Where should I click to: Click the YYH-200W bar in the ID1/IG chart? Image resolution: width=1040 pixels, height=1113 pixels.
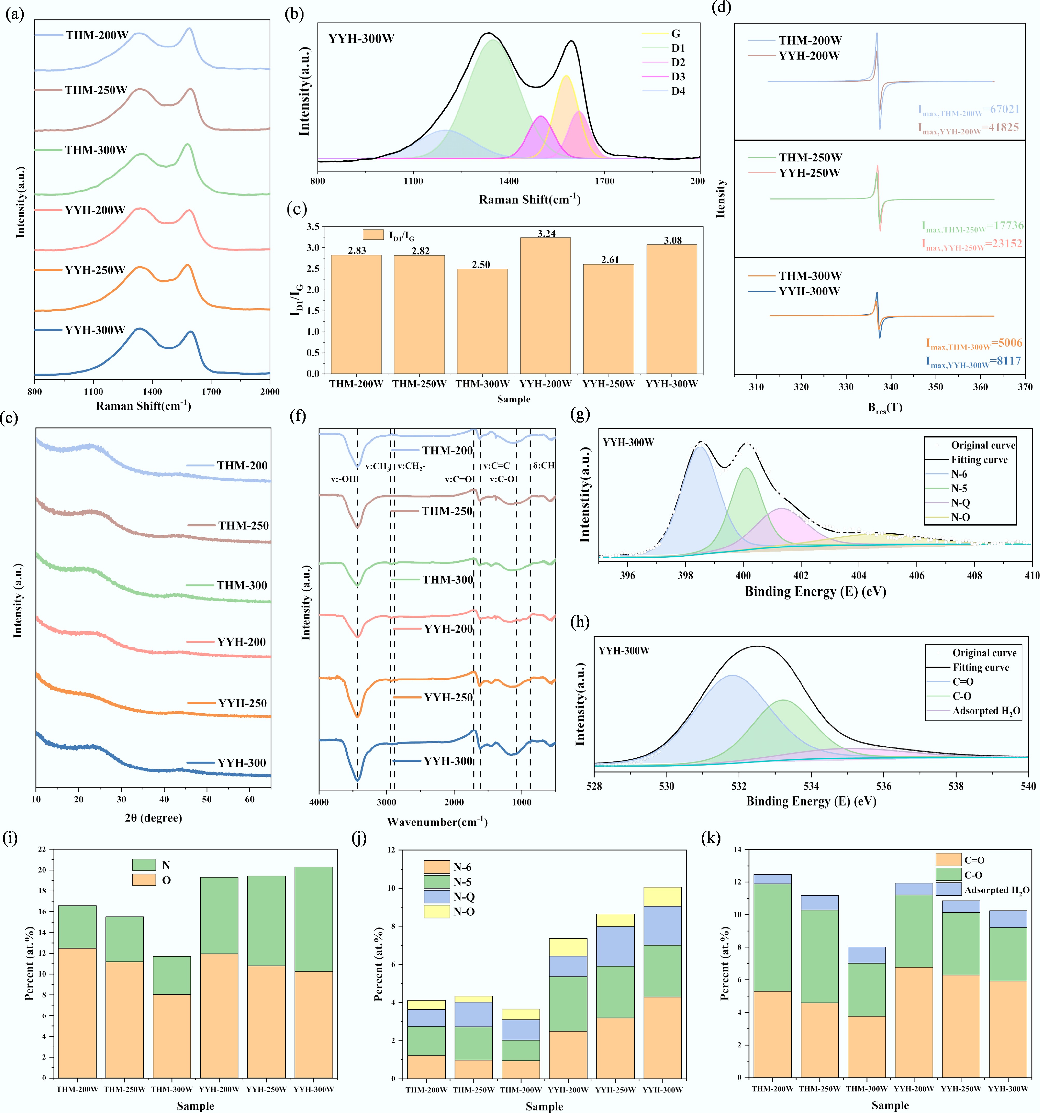pos(545,305)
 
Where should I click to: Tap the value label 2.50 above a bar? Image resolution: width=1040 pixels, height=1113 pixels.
pos(481,264)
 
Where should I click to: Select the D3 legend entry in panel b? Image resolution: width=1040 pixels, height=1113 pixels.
pos(678,77)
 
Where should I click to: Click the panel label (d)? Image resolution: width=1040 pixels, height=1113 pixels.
pos(720,8)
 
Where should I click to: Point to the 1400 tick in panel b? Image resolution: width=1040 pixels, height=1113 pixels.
pos(509,181)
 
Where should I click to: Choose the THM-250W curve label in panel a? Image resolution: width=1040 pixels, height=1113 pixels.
pos(96,90)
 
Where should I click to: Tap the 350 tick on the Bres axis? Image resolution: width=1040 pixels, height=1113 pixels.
pos(935,387)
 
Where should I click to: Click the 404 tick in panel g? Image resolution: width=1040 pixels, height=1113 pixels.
pos(859,575)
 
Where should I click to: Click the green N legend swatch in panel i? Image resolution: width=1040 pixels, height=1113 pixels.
pos(144,865)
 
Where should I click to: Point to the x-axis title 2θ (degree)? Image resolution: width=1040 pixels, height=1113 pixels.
pos(153,818)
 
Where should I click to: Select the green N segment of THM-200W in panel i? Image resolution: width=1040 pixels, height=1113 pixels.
pos(77,926)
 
